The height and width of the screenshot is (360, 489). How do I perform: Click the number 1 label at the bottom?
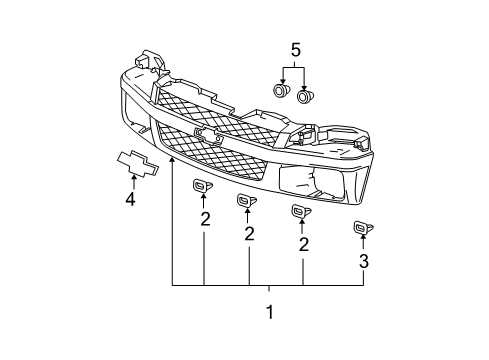pos(267,312)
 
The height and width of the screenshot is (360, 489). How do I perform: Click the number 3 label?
pos(364,262)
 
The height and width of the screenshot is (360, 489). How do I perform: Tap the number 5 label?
pos(294,49)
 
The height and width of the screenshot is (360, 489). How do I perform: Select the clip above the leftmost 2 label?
pos(198,188)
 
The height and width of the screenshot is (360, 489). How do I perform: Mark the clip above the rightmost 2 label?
pos(297,211)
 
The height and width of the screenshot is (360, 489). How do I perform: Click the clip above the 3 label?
pos(361,229)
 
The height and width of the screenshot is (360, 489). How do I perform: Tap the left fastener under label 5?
pos(282,92)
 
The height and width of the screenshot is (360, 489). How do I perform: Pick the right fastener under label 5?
pos(306,96)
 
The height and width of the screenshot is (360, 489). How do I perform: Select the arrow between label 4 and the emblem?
pos(131,180)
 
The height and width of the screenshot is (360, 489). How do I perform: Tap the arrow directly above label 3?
pos(363,244)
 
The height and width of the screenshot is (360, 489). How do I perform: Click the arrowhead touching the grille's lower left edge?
pos(172,158)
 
